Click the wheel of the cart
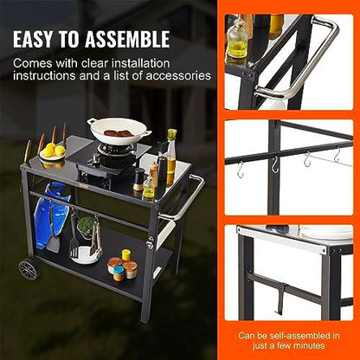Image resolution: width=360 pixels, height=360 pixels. pyautogui.click(x=29, y=268)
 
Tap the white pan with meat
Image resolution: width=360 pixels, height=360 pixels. pyautogui.click(x=119, y=133)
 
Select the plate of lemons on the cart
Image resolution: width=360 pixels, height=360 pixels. pyautogui.click(x=53, y=153)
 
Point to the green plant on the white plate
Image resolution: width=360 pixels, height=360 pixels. pyautogui.click(x=86, y=227)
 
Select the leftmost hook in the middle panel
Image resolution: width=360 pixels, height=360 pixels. pyautogui.click(x=240, y=168)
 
